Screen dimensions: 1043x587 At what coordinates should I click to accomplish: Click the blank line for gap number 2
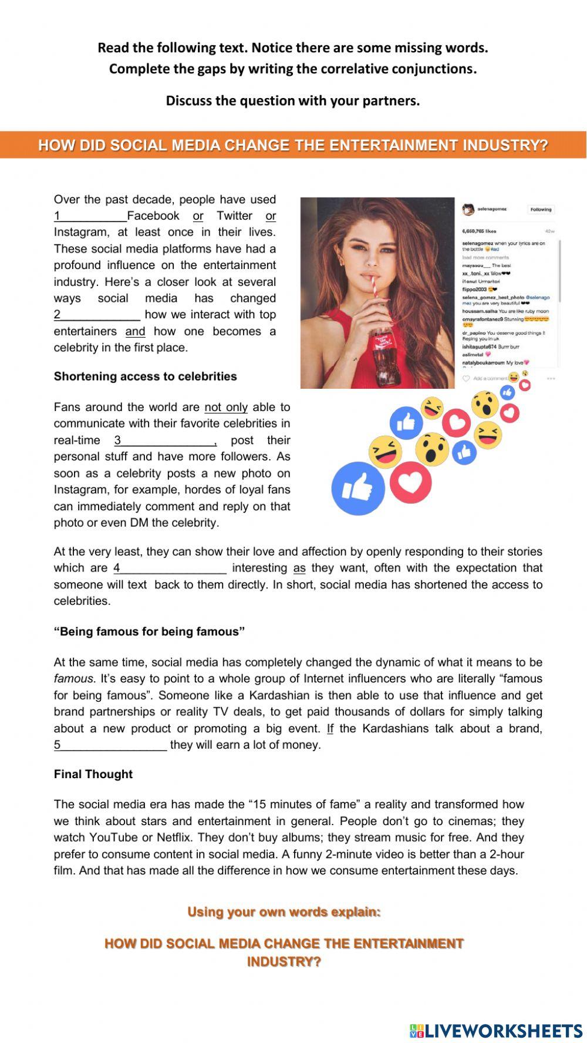pyautogui.click(x=100, y=315)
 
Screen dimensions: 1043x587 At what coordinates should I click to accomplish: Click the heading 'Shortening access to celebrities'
pyautogui.click(x=145, y=376)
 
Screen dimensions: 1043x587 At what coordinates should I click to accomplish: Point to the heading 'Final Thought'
pyautogui.click(x=93, y=774)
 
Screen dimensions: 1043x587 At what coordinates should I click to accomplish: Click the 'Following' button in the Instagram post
pyautogui.click(x=541, y=210)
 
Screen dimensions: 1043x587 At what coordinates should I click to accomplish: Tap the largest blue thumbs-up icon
pyautogui.click(x=358, y=488)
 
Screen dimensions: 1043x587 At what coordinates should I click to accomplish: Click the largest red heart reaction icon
pyautogui.click(x=410, y=482)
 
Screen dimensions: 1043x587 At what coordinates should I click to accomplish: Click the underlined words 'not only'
pyautogui.click(x=226, y=407)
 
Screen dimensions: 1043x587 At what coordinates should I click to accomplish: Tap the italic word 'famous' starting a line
pyautogui.click(x=73, y=679)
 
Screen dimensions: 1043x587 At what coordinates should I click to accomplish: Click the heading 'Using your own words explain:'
pyautogui.click(x=284, y=911)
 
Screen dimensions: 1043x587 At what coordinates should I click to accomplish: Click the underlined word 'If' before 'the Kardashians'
pyautogui.click(x=330, y=729)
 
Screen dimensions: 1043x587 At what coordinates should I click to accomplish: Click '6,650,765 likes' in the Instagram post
pyautogui.click(x=480, y=231)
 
